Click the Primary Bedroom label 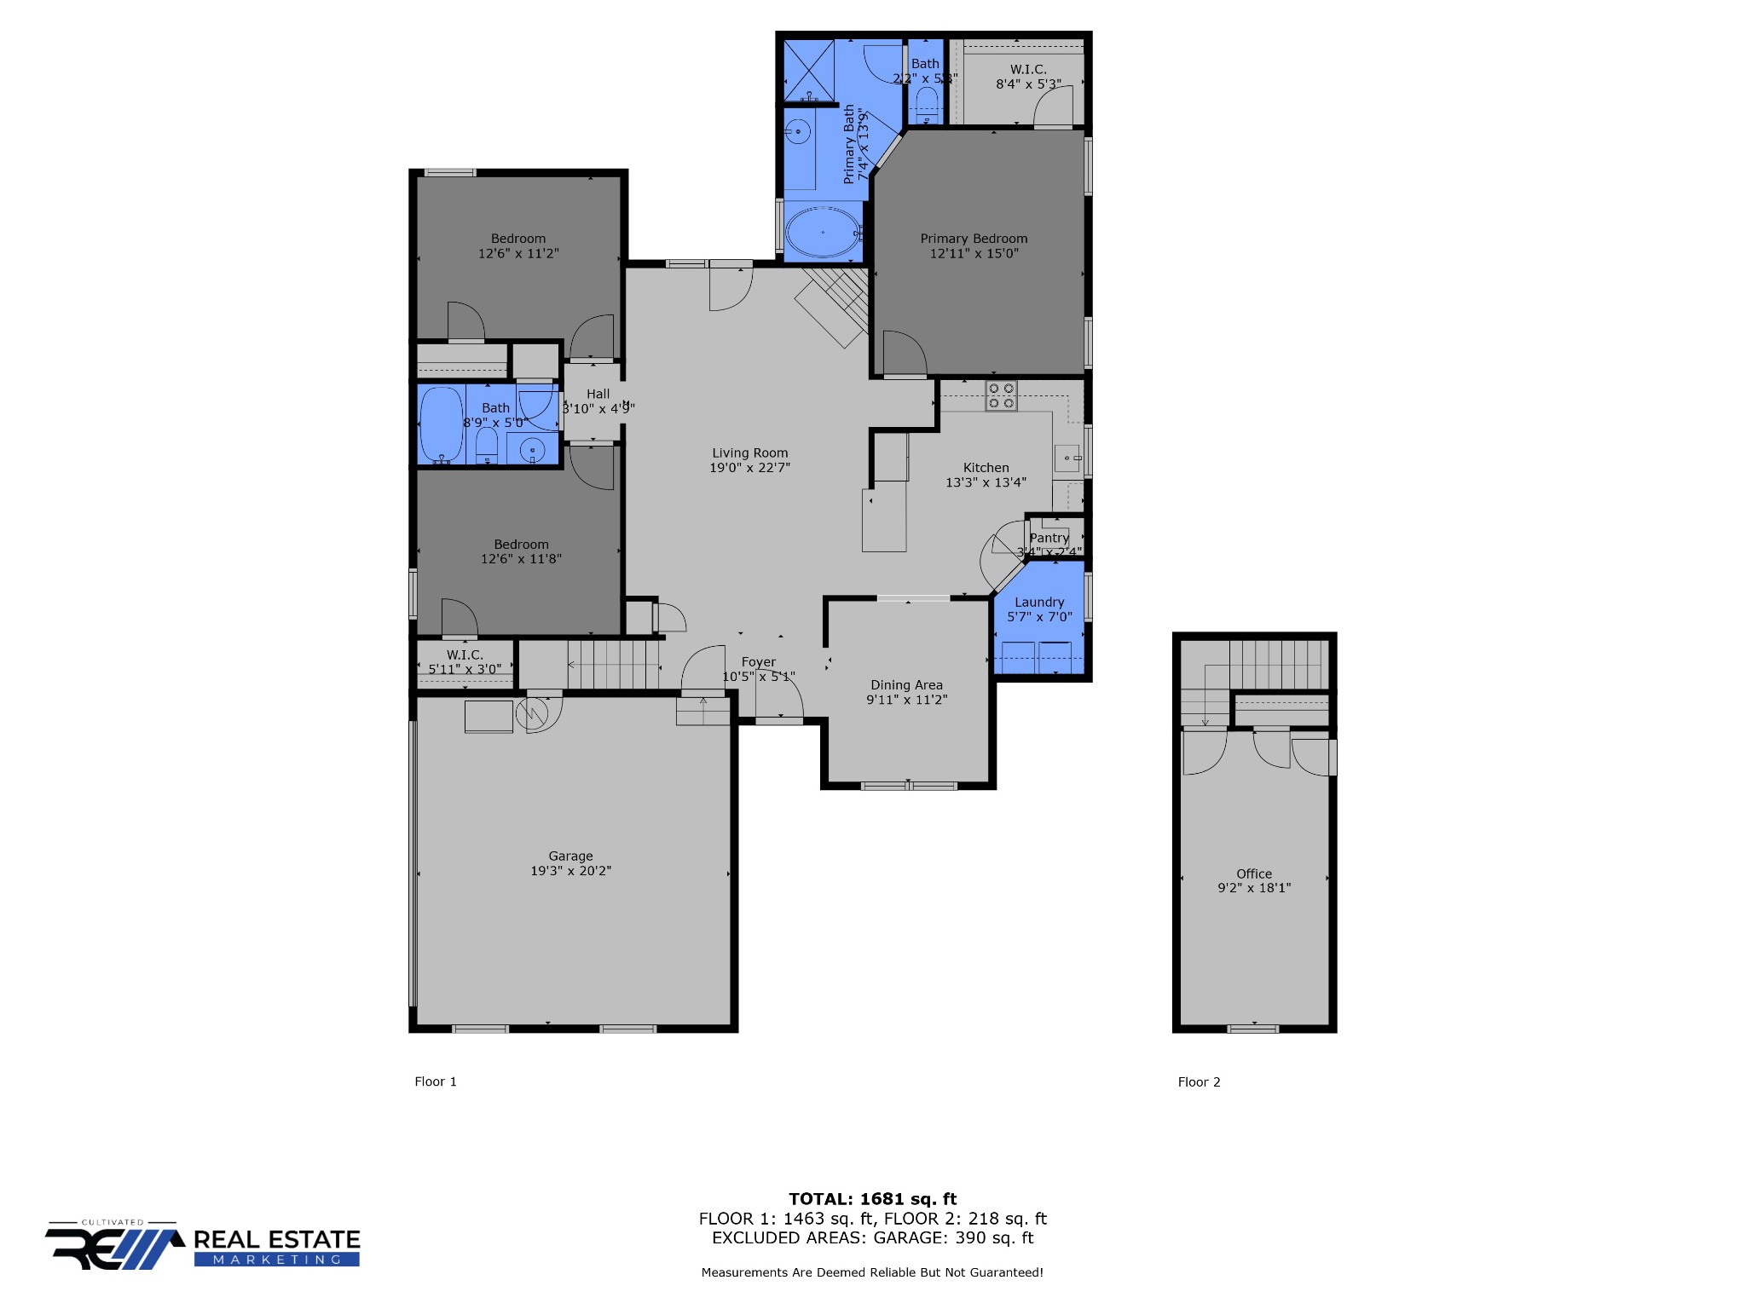coord(974,239)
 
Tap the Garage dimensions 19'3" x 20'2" coord(570,871)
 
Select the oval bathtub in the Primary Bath coord(823,232)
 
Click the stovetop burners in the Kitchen coord(1001,395)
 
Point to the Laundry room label coord(1039,603)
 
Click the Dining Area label coord(906,685)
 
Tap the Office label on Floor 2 coord(1253,874)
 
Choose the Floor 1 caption coord(436,1081)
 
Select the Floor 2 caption coord(1199,1082)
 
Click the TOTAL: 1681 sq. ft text coord(872,1199)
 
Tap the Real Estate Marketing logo coord(203,1248)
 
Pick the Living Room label coord(749,453)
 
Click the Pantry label coord(1049,538)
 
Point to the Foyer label coord(758,662)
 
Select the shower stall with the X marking coord(808,69)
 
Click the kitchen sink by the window coord(1067,458)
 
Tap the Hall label coord(598,394)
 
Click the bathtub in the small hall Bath coord(442,424)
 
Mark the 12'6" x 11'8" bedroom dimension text coord(521,559)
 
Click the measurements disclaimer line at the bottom coord(872,1272)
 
